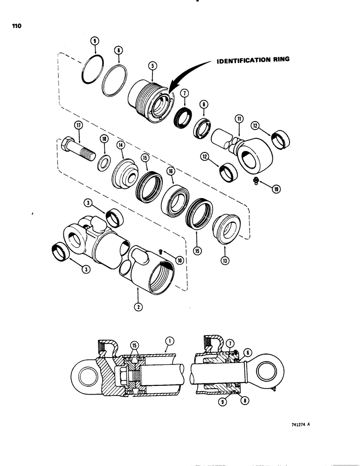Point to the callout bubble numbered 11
[x=239, y=119]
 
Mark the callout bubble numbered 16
[x=171, y=172]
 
